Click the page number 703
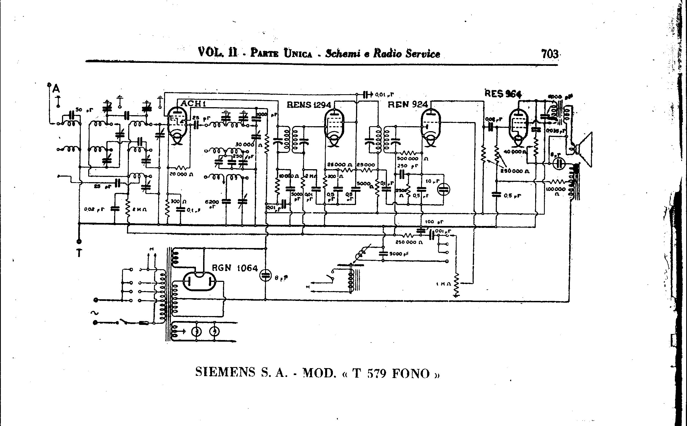549,53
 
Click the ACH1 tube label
193,103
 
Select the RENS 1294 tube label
309,105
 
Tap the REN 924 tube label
408,104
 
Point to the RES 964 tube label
503,93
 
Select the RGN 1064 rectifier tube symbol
200,281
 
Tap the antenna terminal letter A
56,89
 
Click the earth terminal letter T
79,253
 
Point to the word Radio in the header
388,53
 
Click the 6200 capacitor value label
212,202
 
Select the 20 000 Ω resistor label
181,174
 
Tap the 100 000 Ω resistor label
556,190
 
